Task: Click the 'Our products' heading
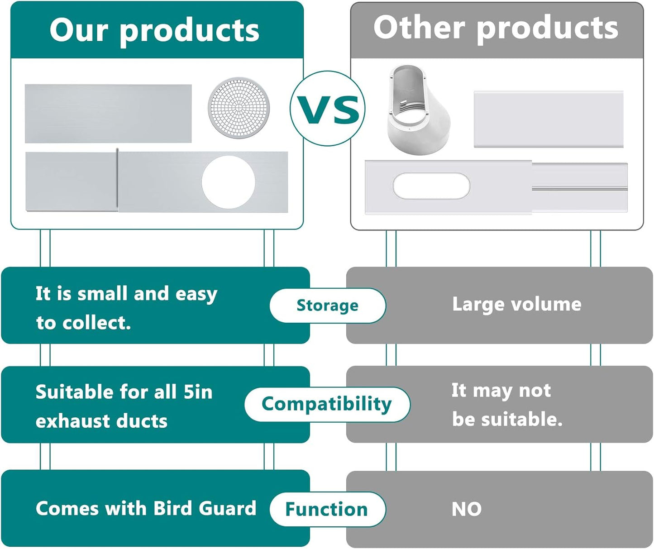(x=154, y=31)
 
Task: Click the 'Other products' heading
(x=496, y=29)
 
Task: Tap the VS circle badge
(x=328, y=108)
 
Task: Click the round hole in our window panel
(x=229, y=182)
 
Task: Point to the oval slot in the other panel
(x=431, y=186)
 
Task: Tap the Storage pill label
(x=328, y=306)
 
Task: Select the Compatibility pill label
(x=327, y=404)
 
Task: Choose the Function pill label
(x=327, y=509)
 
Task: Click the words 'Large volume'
(x=516, y=305)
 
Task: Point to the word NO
(x=466, y=509)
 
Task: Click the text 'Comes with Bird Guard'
(x=146, y=508)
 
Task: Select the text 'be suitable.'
(x=507, y=419)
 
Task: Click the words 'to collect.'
(x=83, y=323)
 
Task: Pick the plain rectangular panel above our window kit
(x=108, y=113)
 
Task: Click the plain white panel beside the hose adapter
(x=549, y=119)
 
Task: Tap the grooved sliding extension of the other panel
(x=579, y=187)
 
